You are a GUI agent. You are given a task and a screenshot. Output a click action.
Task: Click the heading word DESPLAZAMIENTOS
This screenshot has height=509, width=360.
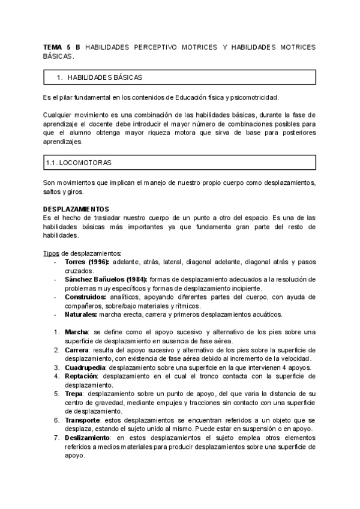click(x=76, y=208)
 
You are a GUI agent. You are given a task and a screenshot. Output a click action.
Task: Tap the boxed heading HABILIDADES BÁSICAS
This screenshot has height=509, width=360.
click(x=104, y=77)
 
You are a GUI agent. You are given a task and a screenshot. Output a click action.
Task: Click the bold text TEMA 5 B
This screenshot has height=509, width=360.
click(x=62, y=47)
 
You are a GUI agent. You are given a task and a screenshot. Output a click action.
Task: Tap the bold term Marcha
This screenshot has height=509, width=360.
click(x=76, y=332)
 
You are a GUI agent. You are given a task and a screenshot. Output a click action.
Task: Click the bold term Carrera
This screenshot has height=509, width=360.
click(x=77, y=349)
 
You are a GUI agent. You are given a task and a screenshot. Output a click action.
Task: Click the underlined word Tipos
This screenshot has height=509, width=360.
click(x=52, y=253)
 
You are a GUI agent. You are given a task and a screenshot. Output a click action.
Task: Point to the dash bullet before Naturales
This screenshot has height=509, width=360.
click(x=55, y=314)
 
